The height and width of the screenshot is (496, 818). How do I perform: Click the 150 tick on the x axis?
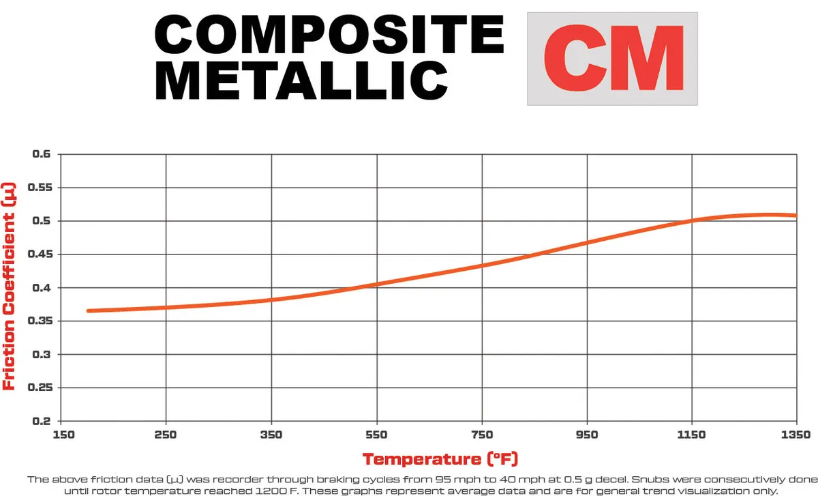(x=61, y=435)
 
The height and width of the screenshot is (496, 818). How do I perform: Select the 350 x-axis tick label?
(x=271, y=435)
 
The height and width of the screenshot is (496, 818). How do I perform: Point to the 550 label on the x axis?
(x=376, y=435)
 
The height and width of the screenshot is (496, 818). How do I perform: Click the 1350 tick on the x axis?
(x=796, y=435)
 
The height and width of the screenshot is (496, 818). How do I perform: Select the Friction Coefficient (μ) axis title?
(x=10, y=287)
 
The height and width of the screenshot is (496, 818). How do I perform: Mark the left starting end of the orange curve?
(x=89, y=311)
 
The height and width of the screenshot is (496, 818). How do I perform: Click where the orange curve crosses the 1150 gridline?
(x=692, y=220)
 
